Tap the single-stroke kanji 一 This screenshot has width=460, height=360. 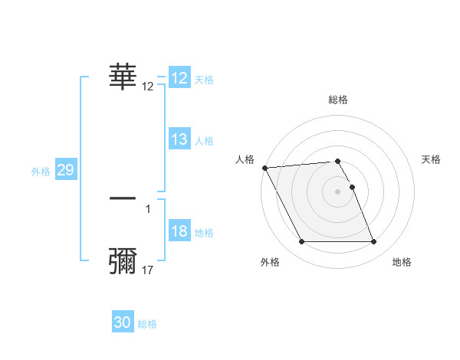click(123, 198)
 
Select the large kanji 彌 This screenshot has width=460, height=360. click(123, 260)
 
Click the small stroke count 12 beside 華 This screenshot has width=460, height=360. click(148, 87)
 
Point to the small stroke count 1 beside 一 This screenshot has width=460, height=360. click(148, 208)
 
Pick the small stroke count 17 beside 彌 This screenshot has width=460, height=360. click(148, 270)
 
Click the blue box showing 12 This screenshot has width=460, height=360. click(179, 78)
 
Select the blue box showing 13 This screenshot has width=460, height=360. click(179, 139)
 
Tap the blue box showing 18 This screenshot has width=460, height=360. click(179, 232)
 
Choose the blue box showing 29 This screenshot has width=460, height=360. click(65, 171)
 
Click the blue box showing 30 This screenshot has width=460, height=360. click(123, 323)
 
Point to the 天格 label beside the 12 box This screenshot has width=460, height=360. click(204, 80)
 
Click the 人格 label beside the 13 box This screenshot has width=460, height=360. click(204, 141)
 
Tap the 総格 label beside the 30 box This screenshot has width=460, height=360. click(147, 325)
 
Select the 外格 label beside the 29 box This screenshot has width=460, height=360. click(41, 172)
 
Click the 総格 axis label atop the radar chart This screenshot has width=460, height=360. click(338, 100)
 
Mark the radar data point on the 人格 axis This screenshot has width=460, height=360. click(264, 168)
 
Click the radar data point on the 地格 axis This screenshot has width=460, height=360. click(373, 242)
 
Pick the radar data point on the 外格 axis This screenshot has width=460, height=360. click(301, 242)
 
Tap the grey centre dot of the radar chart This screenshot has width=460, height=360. click(337, 191)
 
